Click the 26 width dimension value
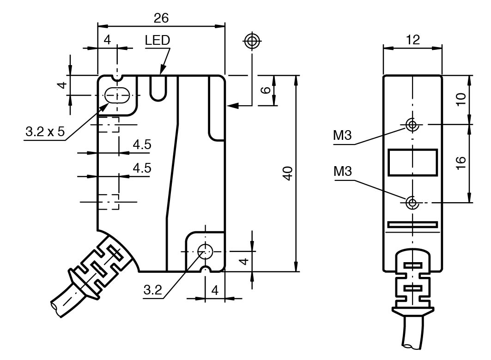(x=161, y=18)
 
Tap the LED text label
(x=157, y=41)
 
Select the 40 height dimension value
(x=287, y=174)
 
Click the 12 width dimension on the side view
(x=413, y=40)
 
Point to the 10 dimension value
(x=460, y=99)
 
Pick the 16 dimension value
(x=460, y=162)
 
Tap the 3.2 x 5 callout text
(x=45, y=132)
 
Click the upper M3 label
(x=342, y=136)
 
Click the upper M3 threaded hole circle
(x=412, y=124)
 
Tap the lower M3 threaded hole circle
(x=412, y=202)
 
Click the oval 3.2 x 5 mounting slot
(x=117, y=96)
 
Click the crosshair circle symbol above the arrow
(x=252, y=41)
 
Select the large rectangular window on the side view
(x=412, y=162)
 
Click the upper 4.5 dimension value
(x=142, y=145)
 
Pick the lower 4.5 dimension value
(x=142, y=168)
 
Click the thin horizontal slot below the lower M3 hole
(x=412, y=225)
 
